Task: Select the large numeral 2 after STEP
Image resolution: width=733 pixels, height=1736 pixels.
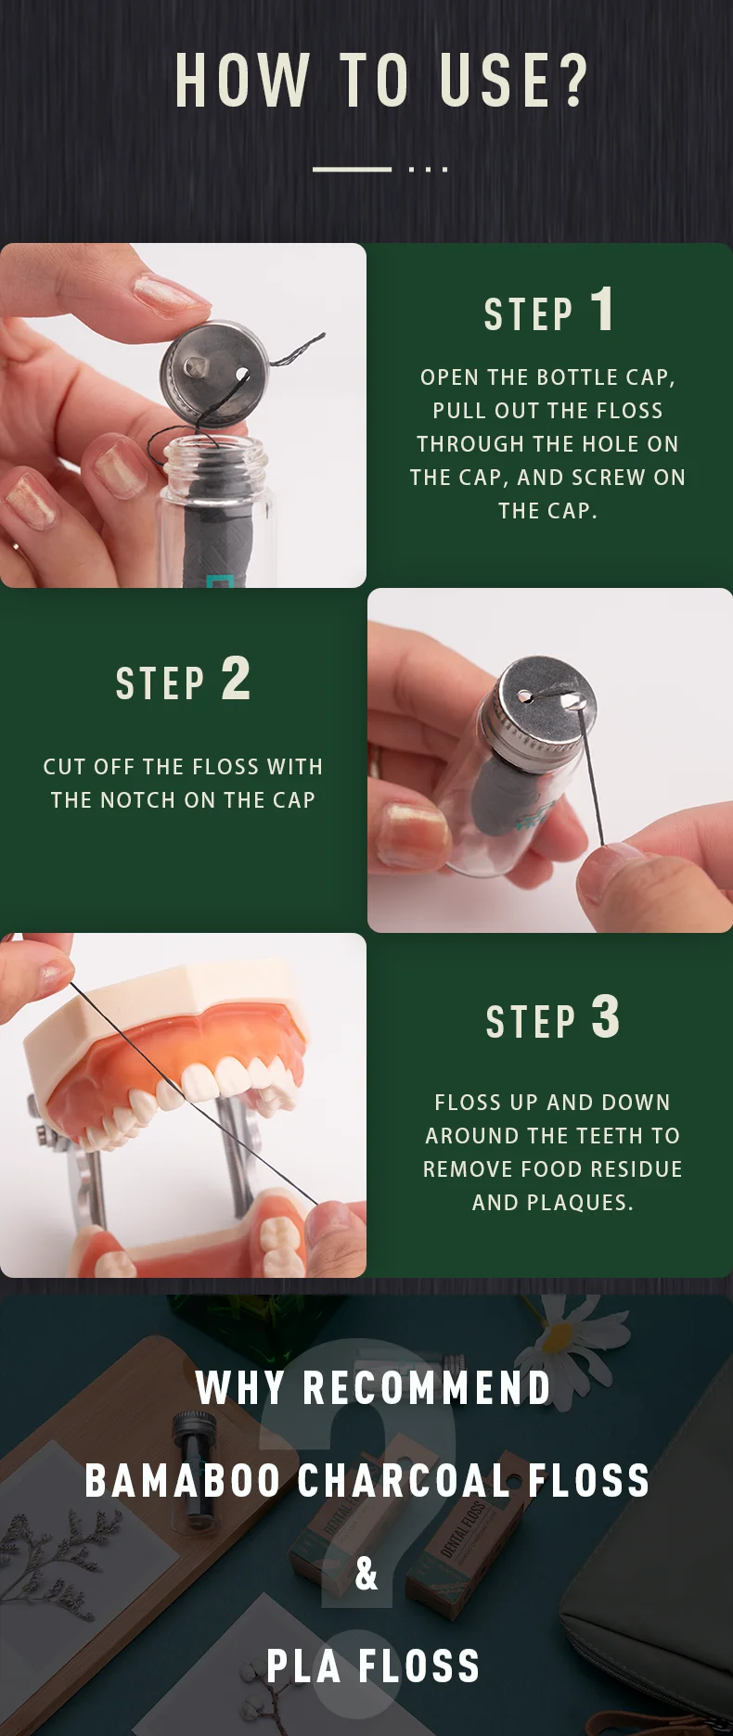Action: point(236,678)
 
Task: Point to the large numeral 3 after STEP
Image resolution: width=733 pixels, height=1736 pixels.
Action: point(605,1017)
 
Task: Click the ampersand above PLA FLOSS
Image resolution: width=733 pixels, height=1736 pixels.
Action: point(366,1574)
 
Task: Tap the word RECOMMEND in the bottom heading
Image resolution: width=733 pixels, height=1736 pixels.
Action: point(427,1388)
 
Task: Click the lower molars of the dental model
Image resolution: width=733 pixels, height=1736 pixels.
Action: point(278,1238)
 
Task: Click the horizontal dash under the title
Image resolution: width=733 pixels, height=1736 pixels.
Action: point(352,169)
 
